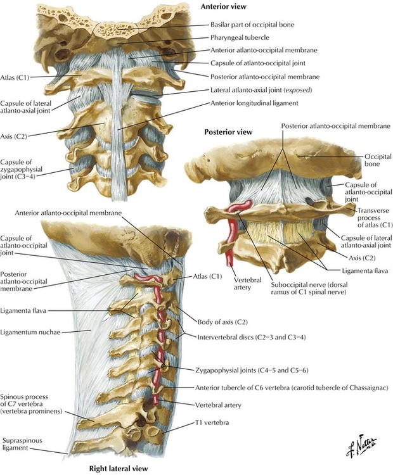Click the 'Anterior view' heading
223,6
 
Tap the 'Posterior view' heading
228,132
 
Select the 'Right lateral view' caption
119,468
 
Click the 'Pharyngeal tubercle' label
240,37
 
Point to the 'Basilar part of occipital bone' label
252,25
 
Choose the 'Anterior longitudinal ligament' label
254,103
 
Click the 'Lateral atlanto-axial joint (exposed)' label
261,90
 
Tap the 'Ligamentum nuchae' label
30,332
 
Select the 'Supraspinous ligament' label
21,444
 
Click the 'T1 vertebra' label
212,422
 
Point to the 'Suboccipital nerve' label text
309,288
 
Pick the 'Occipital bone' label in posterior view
373,160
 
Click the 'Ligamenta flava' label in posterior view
365,271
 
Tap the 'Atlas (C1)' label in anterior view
15,77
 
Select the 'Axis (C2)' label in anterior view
13,136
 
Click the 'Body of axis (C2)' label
222,322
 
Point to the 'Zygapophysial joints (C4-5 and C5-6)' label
252,370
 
